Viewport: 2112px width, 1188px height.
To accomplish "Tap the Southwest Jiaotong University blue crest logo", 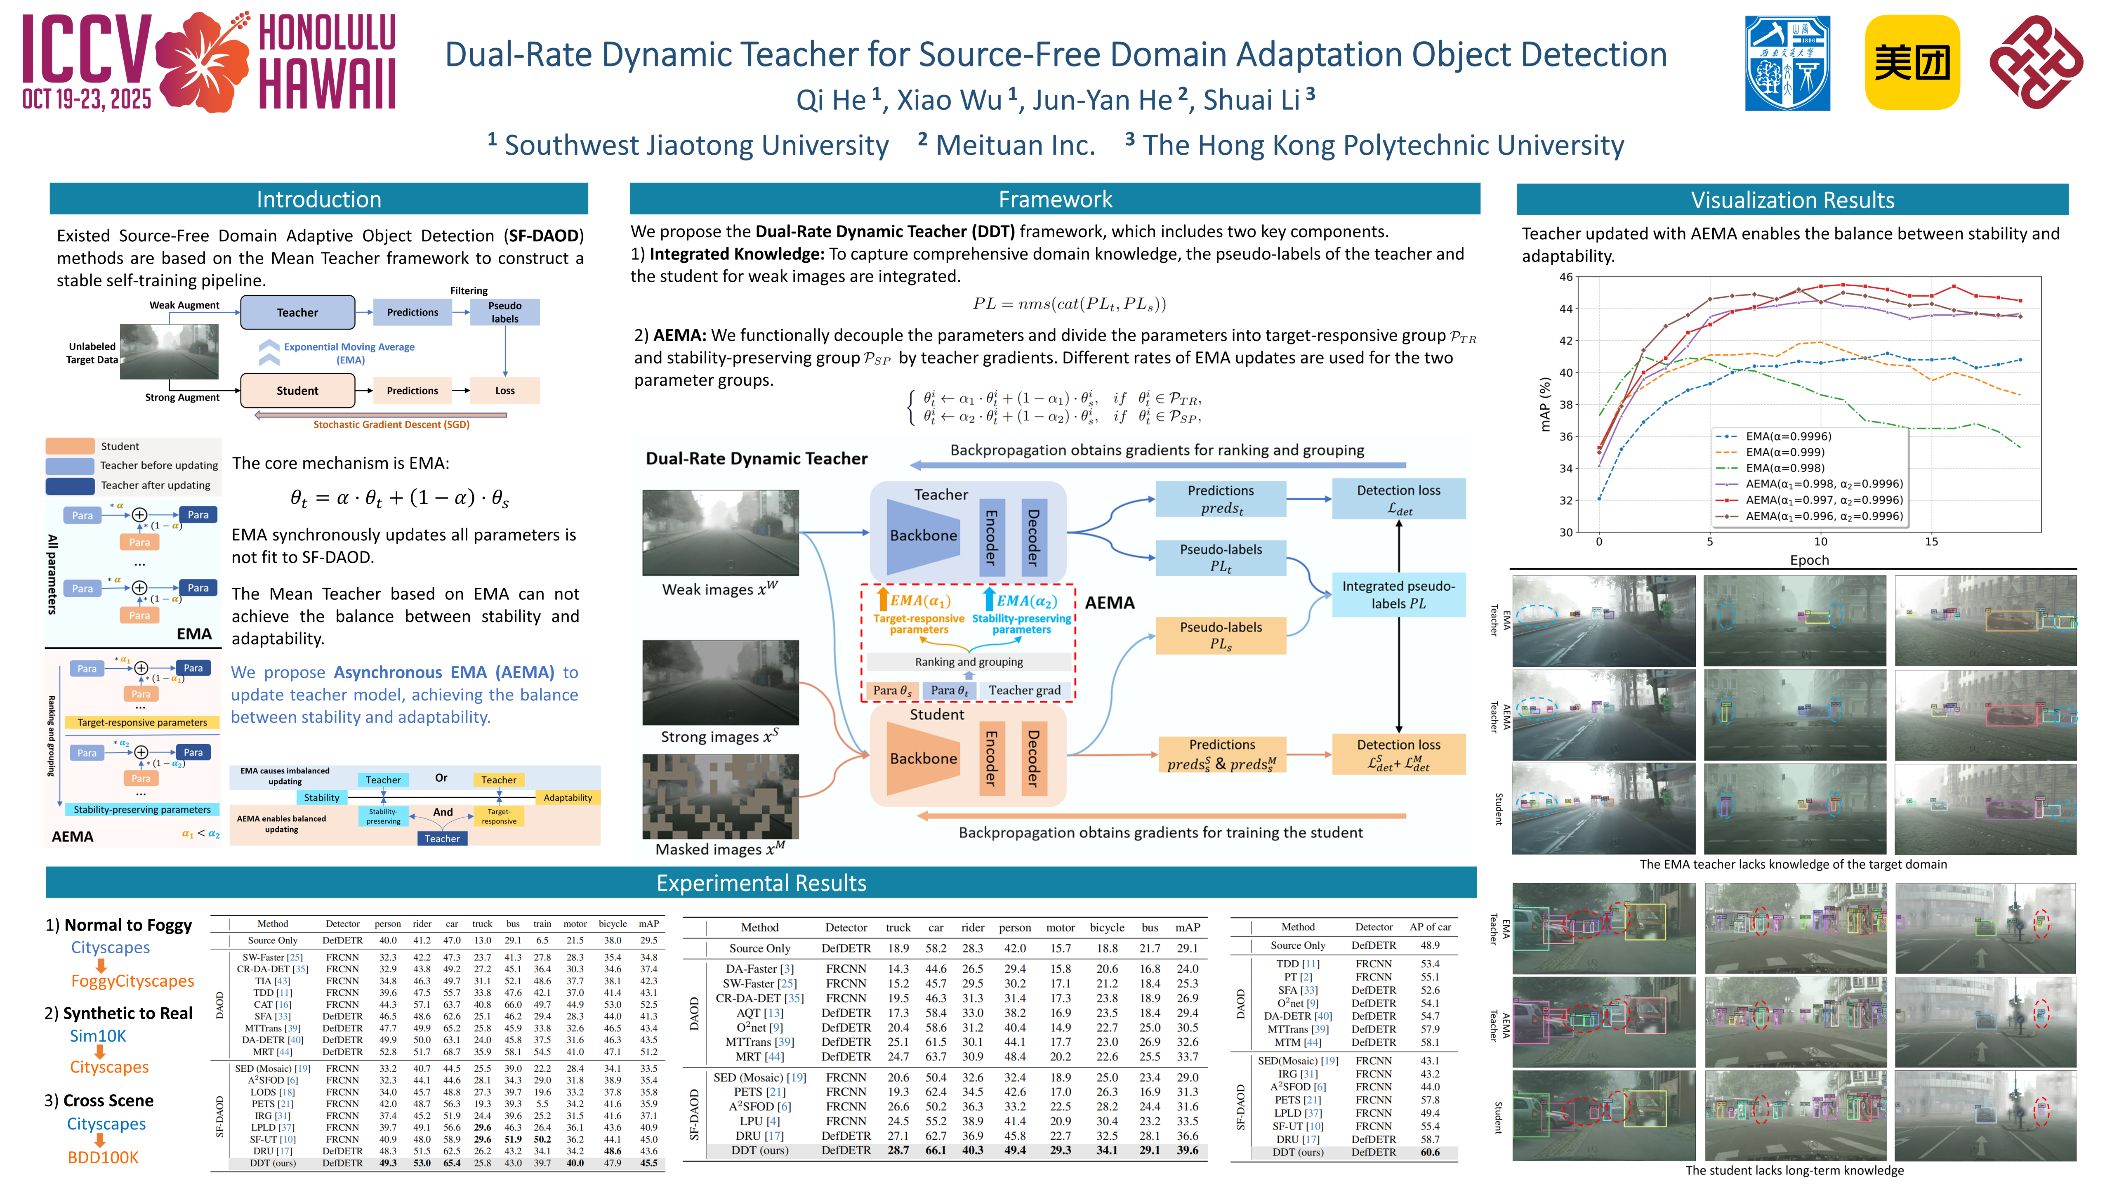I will [x=1787, y=62].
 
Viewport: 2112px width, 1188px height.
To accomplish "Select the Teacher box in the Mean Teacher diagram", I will [x=297, y=312].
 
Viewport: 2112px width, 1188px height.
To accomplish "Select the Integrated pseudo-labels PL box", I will [x=1398, y=594].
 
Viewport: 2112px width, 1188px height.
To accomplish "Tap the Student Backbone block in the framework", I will [x=923, y=759].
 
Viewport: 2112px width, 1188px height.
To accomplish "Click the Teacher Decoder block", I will [x=1033, y=537].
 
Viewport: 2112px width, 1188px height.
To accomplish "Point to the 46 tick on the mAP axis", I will [x=1566, y=277].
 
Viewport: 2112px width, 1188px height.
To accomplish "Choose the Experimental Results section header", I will [x=761, y=883].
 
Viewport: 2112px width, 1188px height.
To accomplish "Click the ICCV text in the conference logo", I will [x=86, y=51].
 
